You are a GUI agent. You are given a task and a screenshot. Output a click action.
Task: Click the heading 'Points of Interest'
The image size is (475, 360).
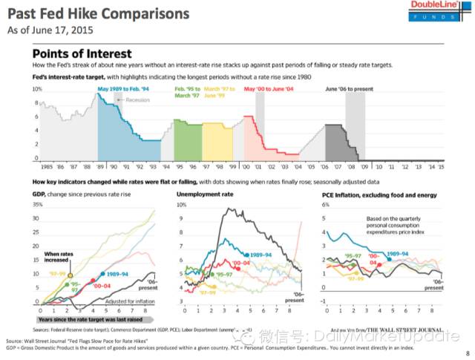tap(82, 53)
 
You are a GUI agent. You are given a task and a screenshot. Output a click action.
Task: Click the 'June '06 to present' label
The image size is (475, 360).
tap(350, 89)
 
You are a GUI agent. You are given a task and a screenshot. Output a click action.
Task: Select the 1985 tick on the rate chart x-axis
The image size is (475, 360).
tap(45, 168)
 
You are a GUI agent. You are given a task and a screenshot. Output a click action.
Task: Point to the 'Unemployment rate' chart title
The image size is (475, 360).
tap(204, 194)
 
